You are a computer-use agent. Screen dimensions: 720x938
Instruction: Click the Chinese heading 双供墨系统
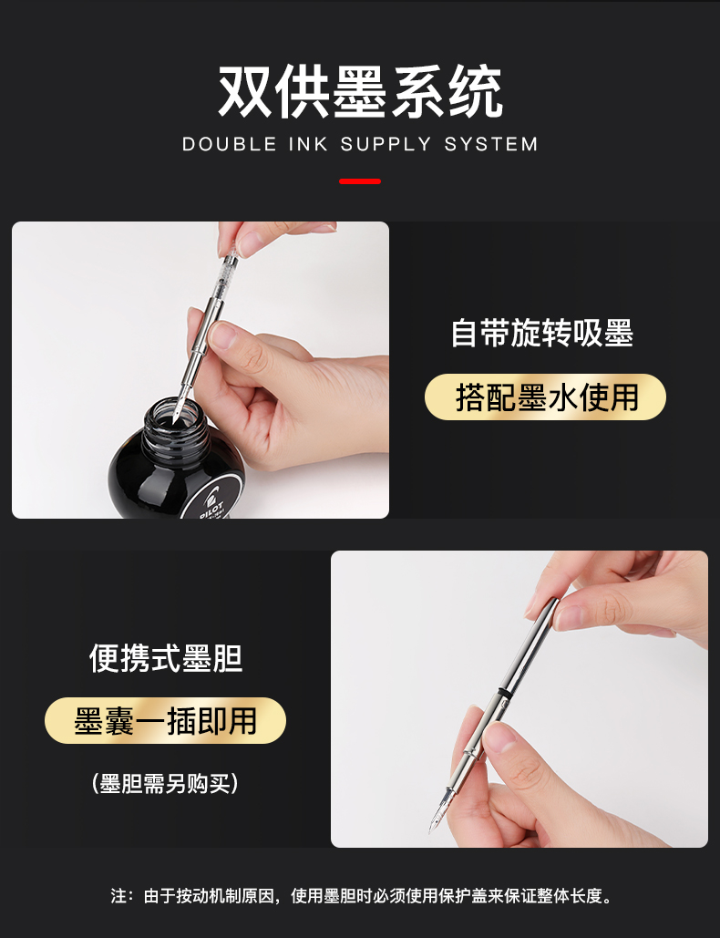pyautogui.click(x=360, y=91)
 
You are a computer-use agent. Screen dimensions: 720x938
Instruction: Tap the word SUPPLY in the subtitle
pyautogui.click(x=386, y=144)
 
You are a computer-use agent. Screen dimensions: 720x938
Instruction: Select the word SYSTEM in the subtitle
pyautogui.click(x=491, y=144)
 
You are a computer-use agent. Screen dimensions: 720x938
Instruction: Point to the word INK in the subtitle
pyautogui.click(x=309, y=144)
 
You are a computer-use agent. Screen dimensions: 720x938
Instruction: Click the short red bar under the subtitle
pyautogui.click(x=360, y=181)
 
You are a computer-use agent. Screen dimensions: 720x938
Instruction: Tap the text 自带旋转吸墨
pyautogui.click(x=541, y=334)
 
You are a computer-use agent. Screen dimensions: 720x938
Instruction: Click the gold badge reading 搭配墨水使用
pyautogui.click(x=545, y=397)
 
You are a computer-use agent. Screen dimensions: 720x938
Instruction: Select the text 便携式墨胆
pyautogui.click(x=166, y=659)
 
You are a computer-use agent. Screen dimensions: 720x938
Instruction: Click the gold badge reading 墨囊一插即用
pyautogui.click(x=166, y=721)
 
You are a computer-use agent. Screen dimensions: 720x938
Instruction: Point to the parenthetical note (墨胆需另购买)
pyautogui.click(x=166, y=783)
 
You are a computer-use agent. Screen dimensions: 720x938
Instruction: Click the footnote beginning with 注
pyautogui.click(x=362, y=895)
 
